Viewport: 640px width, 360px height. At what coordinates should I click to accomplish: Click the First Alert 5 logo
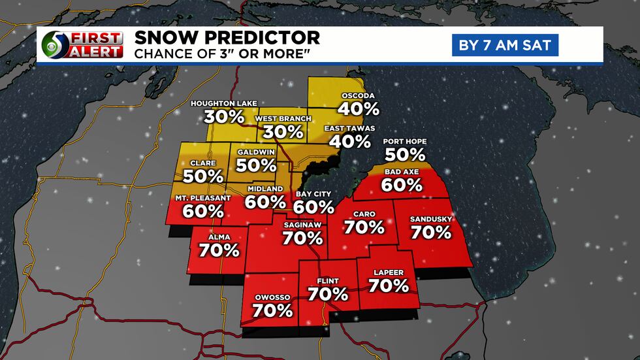coord(82,45)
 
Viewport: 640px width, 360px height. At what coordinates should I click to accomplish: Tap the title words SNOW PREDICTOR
coord(227,37)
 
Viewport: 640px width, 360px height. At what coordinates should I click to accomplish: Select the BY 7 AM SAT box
coord(505,45)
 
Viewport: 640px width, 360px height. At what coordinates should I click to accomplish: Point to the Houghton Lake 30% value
coord(224,117)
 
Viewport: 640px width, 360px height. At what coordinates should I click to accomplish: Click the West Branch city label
coord(283,118)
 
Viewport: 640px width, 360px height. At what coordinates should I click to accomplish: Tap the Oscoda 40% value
coord(359,108)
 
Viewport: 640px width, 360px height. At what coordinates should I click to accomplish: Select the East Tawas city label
coord(353,127)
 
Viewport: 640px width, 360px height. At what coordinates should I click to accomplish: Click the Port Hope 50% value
coord(405,155)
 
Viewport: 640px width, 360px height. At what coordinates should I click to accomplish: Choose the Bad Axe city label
coord(402,171)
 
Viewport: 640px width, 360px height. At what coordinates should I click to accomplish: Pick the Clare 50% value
coord(203,176)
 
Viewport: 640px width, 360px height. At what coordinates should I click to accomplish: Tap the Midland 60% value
coord(266,202)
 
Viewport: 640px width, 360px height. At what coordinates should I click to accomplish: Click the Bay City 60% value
coord(313,207)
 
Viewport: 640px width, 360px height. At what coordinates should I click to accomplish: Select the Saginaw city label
coord(301,225)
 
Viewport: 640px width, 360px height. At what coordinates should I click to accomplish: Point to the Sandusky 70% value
coord(431,231)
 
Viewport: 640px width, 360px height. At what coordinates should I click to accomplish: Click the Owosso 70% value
coord(272,310)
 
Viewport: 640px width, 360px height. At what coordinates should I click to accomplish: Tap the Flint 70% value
coord(328,294)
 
